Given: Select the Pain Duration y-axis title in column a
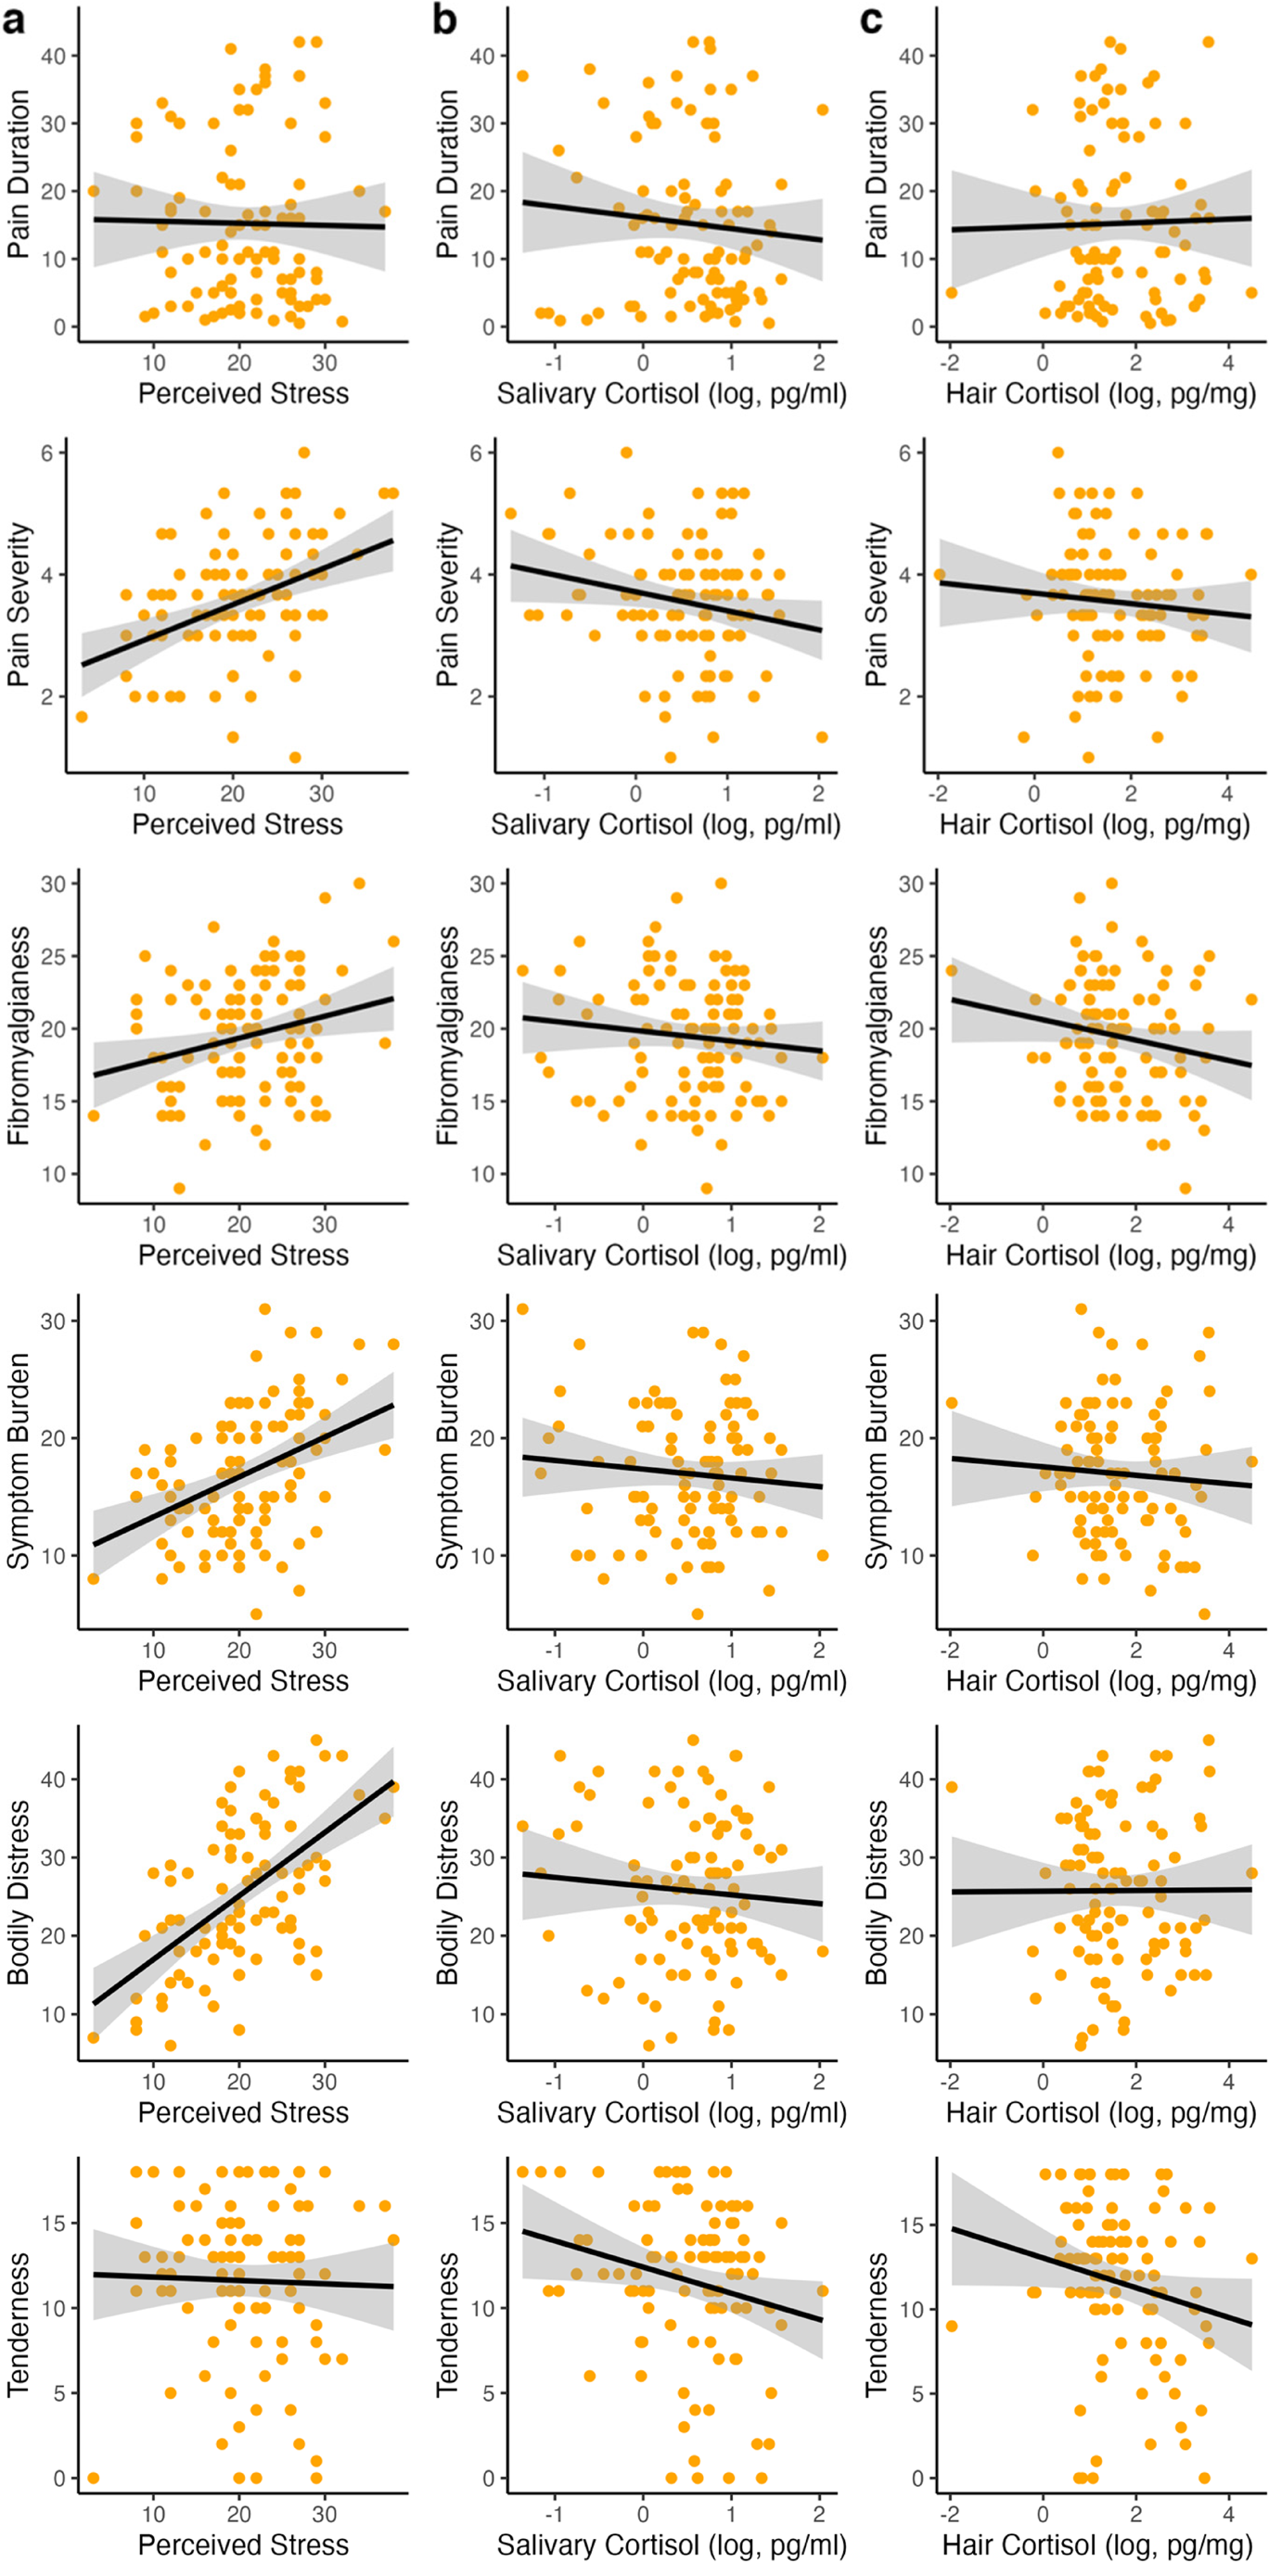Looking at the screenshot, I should (18, 174).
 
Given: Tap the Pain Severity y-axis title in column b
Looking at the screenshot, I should (447, 604).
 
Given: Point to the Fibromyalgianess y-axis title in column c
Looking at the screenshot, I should (876, 1035).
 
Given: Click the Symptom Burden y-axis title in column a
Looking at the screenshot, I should (18, 1460).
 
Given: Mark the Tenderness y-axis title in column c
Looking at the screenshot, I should (876, 2323).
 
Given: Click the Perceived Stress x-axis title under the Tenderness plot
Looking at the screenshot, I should (243, 2544).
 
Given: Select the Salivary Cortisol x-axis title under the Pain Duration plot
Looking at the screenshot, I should (671, 394).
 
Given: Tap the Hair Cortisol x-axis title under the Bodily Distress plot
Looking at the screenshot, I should (1100, 2112).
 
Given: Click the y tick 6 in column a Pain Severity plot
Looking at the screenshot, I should (46, 453).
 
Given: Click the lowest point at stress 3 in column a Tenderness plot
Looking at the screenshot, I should (94, 2479).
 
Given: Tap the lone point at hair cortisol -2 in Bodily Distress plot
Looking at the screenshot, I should (952, 1787).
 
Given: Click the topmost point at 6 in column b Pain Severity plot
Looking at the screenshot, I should (626, 453).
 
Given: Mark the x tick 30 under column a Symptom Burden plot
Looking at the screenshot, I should (325, 1650).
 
